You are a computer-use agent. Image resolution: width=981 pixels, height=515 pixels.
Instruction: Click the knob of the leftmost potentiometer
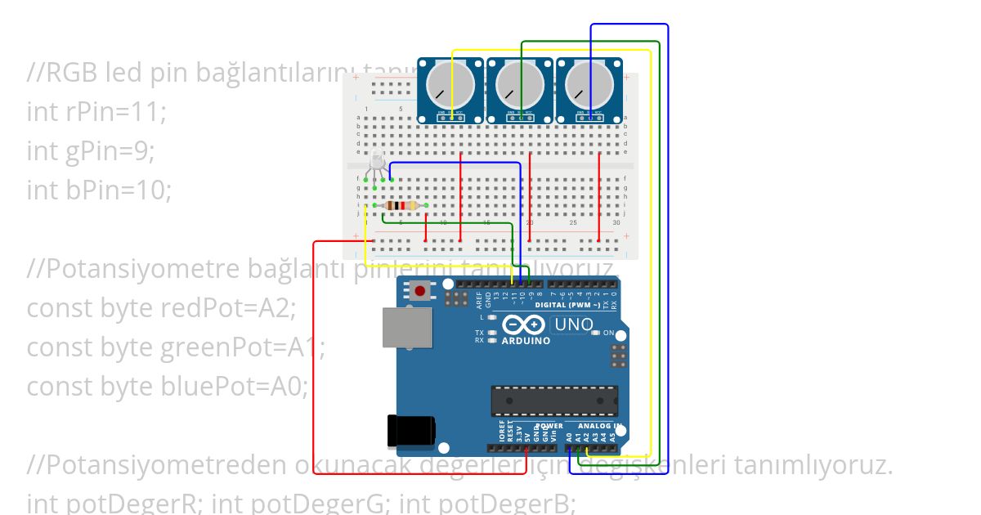(450, 84)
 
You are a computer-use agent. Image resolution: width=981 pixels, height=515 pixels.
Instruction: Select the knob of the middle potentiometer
(520, 84)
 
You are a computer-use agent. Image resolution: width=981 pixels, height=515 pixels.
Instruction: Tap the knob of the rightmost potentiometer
(589, 84)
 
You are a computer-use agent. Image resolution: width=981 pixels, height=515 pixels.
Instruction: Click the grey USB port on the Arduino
(407, 327)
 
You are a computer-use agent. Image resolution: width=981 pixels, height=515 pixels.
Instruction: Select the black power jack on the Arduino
(410, 431)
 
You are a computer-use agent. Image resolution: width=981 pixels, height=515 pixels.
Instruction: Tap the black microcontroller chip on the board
(553, 401)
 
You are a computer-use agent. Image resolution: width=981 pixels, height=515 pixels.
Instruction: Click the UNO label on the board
(573, 325)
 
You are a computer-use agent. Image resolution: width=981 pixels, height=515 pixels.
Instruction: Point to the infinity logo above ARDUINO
(524, 325)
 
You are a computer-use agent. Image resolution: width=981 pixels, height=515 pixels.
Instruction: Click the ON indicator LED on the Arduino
(597, 333)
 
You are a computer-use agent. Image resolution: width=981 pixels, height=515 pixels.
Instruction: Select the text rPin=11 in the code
(115, 112)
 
